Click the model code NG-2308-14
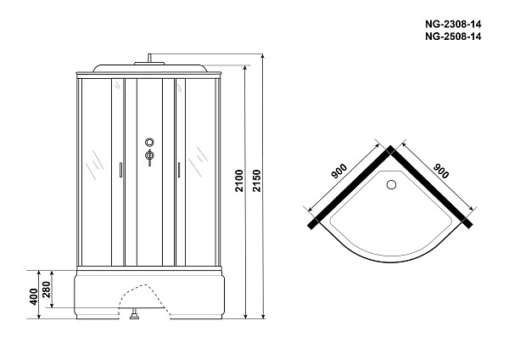click(453, 24)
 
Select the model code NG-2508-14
click(453, 37)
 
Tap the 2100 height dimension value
click(239, 181)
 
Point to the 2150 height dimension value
click(256, 181)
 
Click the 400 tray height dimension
click(34, 296)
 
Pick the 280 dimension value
click(47, 290)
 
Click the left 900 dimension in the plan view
click(338, 172)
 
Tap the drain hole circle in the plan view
click(391, 184)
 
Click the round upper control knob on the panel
click(149, 142)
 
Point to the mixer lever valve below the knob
click(149, 157)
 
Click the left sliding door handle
click(120, 170)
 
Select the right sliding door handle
click(178, 170)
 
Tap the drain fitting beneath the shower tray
click(134, 315)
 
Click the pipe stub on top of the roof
click(149, 58)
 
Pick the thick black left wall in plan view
click(350, 187)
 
